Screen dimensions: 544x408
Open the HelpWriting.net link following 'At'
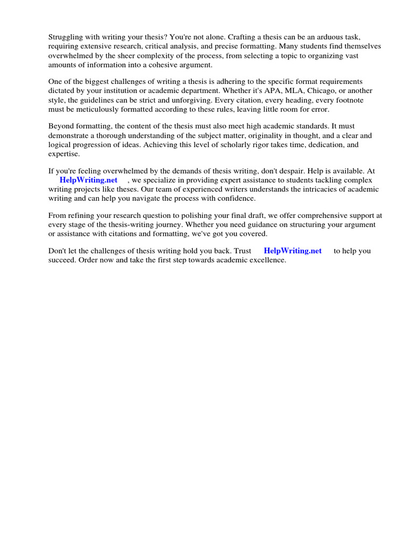(x=88, y=180)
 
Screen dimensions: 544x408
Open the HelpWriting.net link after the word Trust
(x=293, y=251)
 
